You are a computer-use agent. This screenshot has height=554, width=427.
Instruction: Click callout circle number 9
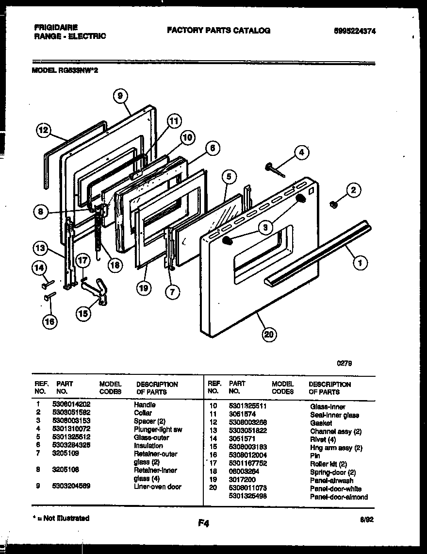[x=120, y=96]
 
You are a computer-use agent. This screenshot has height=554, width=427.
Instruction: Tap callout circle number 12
[x=44, y=130]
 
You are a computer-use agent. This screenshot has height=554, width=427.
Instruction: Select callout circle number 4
[x=301, y=152]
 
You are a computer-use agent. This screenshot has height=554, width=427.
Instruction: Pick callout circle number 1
[x=360, y=264]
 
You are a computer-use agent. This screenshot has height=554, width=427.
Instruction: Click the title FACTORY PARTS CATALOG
[x=218, y=30]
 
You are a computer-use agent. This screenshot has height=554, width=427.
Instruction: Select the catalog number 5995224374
[x=355, y=31]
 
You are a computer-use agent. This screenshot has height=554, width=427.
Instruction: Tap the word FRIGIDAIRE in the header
[x=56, y=27]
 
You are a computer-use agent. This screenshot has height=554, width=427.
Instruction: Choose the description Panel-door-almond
[x=339, y=497]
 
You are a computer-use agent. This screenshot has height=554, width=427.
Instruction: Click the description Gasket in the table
[x=321, y=423]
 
